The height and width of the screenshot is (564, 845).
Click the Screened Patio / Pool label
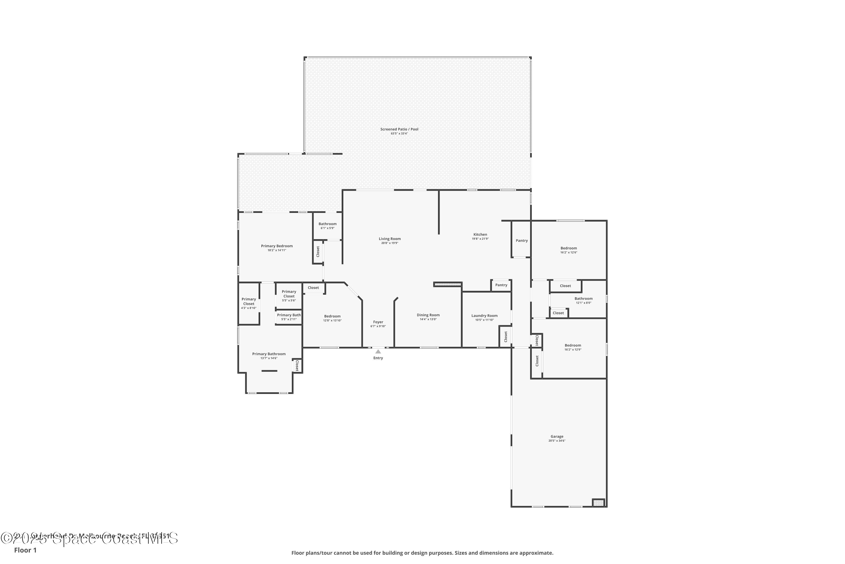(399, 129)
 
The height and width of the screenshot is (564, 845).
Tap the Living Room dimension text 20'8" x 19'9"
(390, 243)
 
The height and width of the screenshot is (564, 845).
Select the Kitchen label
(480, 235)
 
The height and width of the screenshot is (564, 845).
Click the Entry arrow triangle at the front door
(378, 351)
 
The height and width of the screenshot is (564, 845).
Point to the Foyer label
(378, 322)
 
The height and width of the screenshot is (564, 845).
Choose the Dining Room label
(428, 315)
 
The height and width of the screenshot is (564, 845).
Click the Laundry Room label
(484, 316)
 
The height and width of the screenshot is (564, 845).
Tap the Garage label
(557, 436)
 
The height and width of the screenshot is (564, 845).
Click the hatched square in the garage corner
(598, 503)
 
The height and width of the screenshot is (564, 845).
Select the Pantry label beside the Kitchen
(522, 241)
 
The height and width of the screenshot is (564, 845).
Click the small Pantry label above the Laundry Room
(501, 285)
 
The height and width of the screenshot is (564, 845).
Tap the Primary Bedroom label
(277, 246)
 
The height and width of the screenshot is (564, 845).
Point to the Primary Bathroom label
(269, 354)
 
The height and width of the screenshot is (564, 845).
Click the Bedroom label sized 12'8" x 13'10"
(332, 316)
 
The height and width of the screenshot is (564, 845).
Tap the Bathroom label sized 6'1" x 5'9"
(327, 224)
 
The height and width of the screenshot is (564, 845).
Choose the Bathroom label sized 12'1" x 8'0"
(583, 299)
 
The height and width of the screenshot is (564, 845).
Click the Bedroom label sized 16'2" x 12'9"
(573, 345)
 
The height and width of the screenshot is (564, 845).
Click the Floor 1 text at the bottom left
(25, 550)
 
